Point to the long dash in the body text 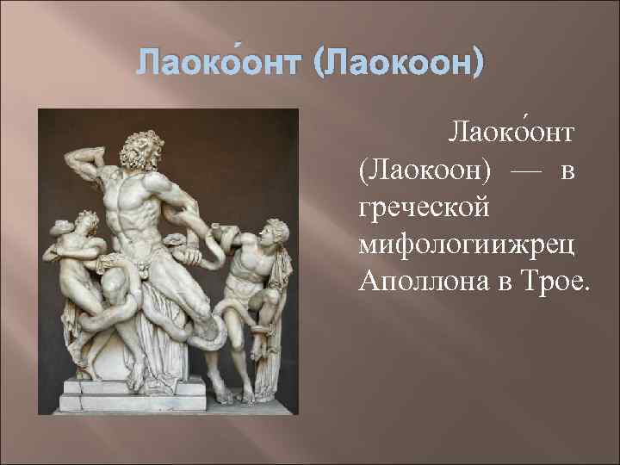click(x=527, y=171)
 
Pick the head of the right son click(x=276, y=230)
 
